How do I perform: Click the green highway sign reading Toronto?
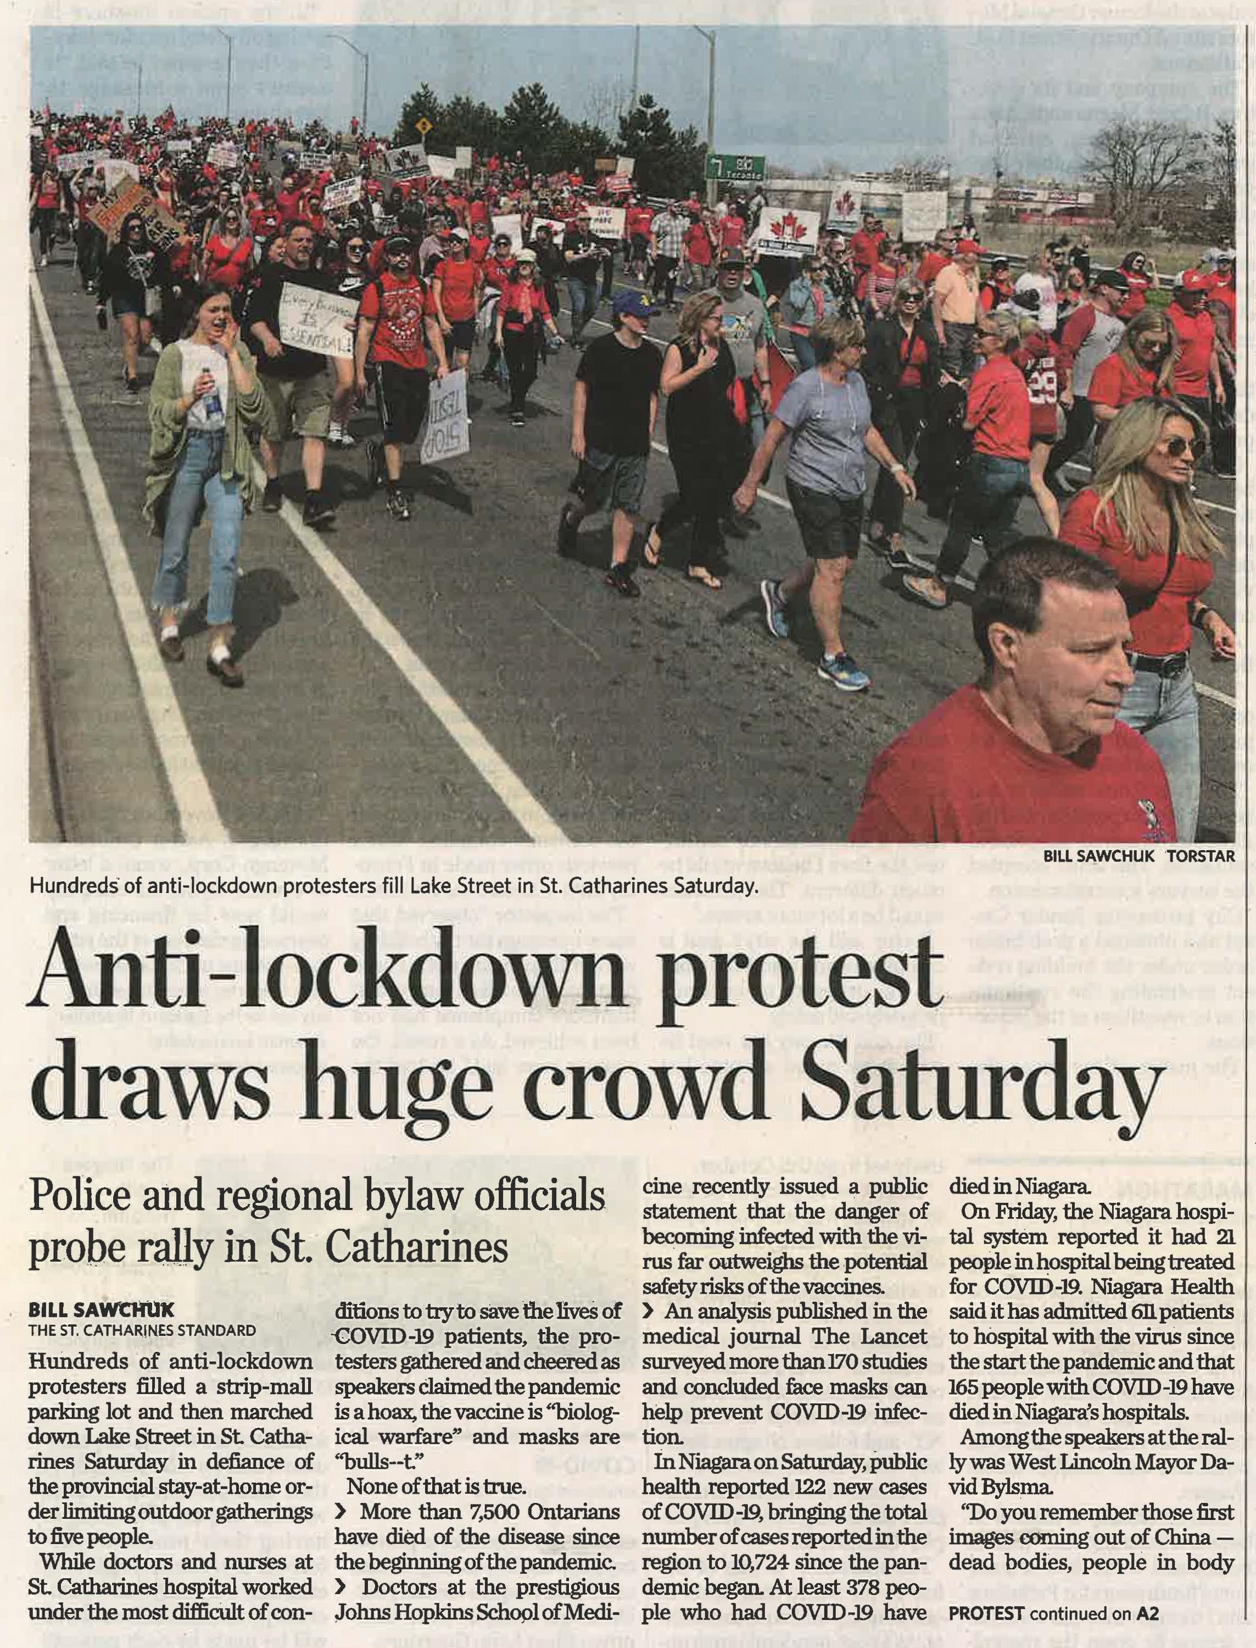[736, 168]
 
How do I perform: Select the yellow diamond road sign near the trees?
[425, 126]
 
